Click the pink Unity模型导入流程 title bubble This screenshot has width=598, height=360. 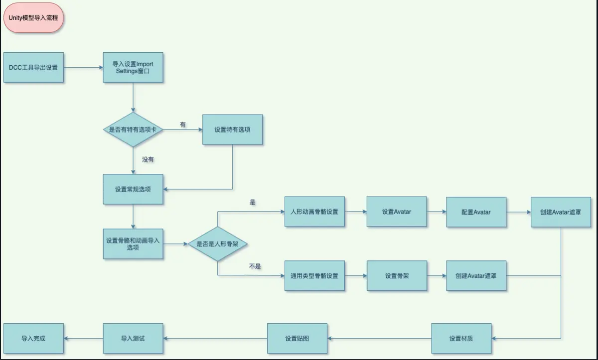[x=33, y=18]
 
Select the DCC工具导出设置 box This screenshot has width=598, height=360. [x=33, y=67]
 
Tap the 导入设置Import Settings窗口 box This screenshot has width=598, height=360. [x=133, y=67]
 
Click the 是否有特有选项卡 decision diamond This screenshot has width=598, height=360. [x=133, y=129]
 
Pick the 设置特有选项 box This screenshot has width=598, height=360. [x=232, y=129]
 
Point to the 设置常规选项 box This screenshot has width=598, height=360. [x=133, y=189]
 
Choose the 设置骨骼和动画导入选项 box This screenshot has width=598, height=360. [x=133, y=243]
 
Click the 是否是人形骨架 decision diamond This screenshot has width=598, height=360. [x=218, y=243]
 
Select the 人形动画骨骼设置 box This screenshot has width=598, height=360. [x=314, y=212]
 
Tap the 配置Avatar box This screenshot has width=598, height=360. [x=476, y=212]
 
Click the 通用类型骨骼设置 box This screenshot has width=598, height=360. [x=314, y=275]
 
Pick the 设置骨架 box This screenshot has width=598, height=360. [x=397, y=275]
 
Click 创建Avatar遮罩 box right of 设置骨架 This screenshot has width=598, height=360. [x=476, y=275]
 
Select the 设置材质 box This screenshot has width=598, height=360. [x=461, y=339]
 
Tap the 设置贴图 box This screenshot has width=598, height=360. [x=297, y=339]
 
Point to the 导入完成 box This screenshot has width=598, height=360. [x=33, y=339]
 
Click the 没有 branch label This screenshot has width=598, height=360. [x=148, y=160]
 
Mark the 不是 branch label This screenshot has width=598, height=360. [x=255, y=266]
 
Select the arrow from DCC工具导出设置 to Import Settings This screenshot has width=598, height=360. [x=83, y=67]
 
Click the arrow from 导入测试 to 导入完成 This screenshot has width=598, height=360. [x=83, y=339]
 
